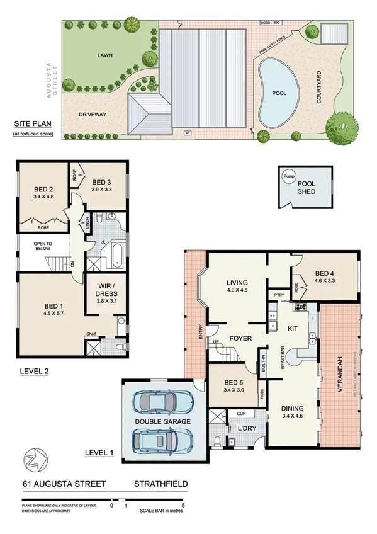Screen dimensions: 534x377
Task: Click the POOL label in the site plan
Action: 279,93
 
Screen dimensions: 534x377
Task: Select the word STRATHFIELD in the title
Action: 160,484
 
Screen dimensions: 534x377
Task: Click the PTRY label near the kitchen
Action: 278,295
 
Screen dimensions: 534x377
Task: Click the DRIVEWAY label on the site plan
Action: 92,115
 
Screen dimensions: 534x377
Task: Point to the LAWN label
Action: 104,55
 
